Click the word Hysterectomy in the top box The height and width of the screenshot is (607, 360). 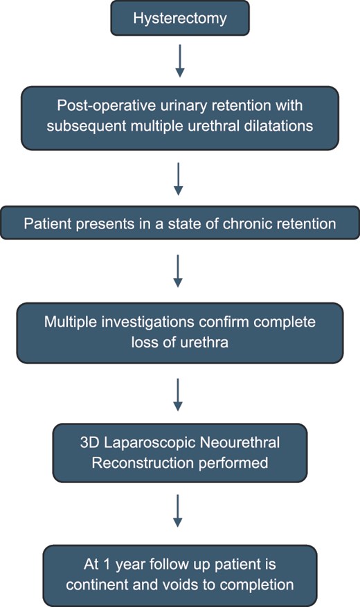[180, 19]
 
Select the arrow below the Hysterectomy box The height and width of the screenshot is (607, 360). [180, 61]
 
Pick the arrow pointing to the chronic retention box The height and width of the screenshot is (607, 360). [179, 179]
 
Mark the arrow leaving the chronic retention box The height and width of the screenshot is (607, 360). [178, 271]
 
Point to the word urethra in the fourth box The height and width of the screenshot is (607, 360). [204, 342]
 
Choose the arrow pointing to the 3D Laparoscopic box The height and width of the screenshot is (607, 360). [178, 395]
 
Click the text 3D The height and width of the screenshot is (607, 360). [90, 442]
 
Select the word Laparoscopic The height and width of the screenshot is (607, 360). [149, 443]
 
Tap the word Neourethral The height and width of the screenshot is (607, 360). [238, 442]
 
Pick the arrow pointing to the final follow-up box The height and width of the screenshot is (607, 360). [178, 511]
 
